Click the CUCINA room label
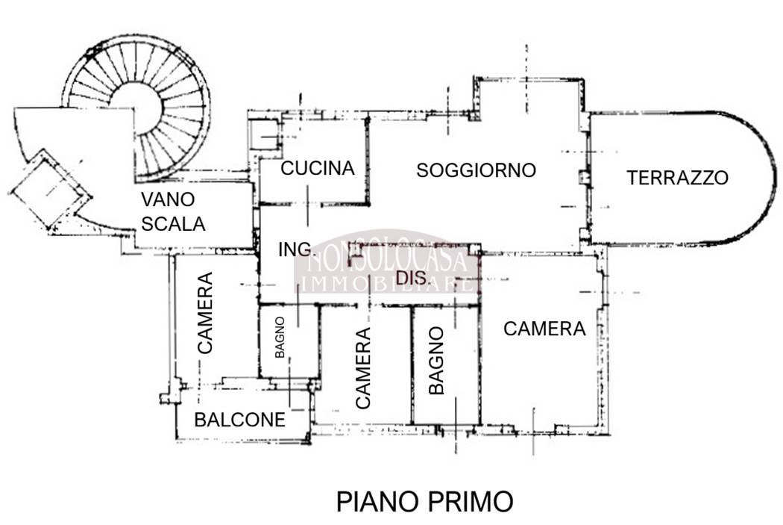coord(317,169)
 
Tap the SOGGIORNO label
coord(476,170)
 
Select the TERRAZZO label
coord(677,178)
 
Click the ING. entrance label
coord(294,250)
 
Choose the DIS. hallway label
coord(412,279)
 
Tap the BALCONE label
coord(239,420)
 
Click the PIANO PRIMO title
coord(424,502)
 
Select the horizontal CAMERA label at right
coord(544,329)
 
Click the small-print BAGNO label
coord(280,338)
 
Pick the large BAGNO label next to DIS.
coord(437,360)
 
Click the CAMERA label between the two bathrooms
coord(362,368)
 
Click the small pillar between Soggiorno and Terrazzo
coord(584,178)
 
